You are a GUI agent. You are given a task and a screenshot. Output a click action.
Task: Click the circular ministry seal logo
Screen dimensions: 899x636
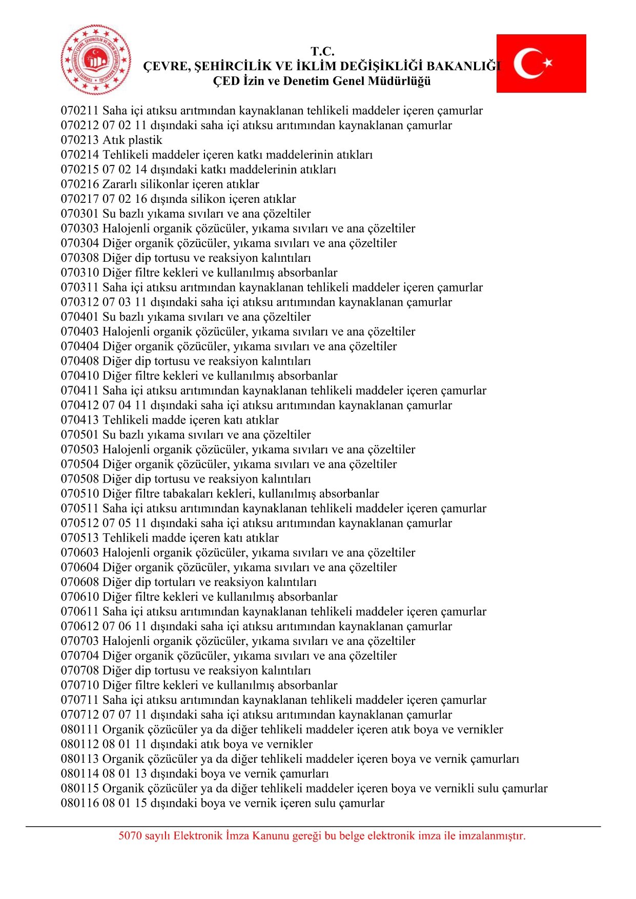(x=96, y=59)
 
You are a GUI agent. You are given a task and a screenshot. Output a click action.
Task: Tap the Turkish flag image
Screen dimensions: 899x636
(x=541, y=64)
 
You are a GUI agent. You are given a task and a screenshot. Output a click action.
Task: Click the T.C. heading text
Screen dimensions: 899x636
(x=322, y=51)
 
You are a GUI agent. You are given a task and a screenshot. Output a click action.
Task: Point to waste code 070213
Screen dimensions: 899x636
(x=80, y=140)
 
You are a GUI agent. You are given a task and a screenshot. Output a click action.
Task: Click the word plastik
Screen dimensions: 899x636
(x=146, y=140)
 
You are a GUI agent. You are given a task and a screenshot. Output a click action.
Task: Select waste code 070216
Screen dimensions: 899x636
(x=80, y=184)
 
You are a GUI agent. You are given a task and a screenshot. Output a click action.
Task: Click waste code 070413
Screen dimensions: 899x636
(x=80, y=420)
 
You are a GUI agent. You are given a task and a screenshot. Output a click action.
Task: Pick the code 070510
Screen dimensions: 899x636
(x=80, y=494)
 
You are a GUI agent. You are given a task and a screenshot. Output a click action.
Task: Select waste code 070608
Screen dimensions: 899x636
(x=80, y=582)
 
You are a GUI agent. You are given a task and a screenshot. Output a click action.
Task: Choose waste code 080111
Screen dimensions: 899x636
(x=80, y=729)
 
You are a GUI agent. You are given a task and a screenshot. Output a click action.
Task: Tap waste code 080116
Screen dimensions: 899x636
(x=80, y=803)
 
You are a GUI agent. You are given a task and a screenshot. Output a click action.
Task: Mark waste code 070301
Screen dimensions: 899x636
(x=80, y=214)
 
